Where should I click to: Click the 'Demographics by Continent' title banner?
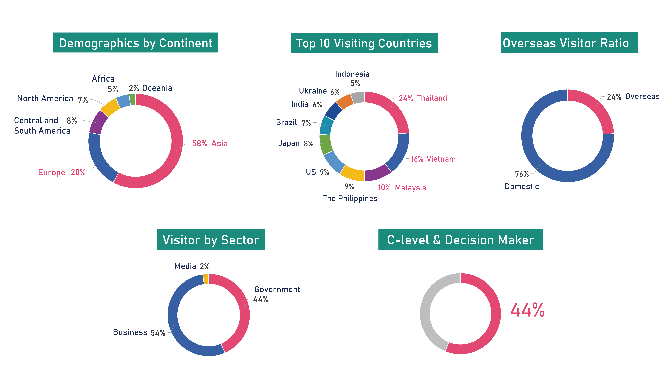pyautogui.click(x=136, y=43)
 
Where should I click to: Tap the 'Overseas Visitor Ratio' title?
pyautogui.click(x=569, y=43)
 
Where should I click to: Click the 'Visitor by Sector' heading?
pyautogui.click(x=211, y=239)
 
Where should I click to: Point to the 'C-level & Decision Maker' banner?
pyautogui.click(x=460, y=239)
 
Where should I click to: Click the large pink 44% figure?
pyautogui.click(x=527, y=310)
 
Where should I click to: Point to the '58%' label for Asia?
pyautogui.click(x=199, y=143)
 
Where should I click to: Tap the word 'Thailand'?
pyautogui.click(x=432, y=98)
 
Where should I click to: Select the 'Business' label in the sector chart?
pyautogui.click(x=130, y=332)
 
